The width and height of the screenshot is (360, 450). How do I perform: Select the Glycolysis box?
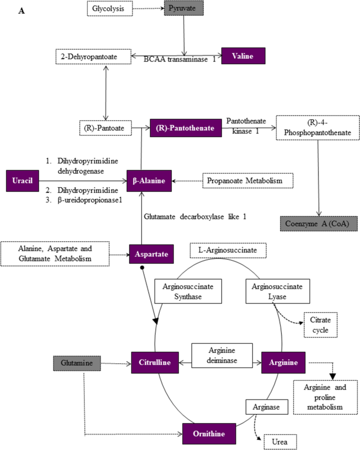[x=108, y=9]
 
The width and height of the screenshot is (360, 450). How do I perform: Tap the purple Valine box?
[x=243, y=55]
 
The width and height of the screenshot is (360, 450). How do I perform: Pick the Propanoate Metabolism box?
[x=248, y=180]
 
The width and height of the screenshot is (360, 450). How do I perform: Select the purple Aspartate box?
[x=151, y=254]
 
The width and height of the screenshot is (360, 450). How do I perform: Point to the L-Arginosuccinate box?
[x=228, y=250]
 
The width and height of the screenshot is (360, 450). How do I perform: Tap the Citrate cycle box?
[x=320, y=324]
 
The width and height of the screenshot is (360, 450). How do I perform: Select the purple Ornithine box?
[x=209, y=434]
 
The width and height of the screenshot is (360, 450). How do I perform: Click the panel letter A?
[x=22, y=11]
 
